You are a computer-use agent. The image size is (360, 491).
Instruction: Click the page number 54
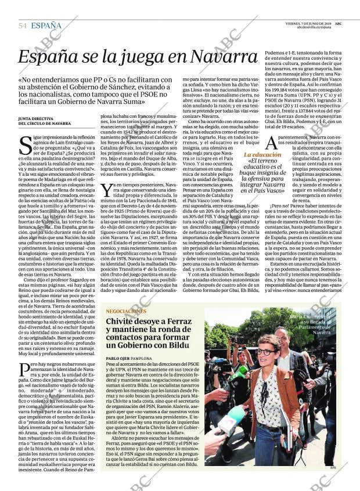23,26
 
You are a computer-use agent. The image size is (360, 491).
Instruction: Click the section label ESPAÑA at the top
46,26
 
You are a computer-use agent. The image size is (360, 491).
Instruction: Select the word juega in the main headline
137,57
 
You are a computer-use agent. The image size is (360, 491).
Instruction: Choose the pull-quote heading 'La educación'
263,156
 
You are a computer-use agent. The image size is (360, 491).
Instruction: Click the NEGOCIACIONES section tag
126,311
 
